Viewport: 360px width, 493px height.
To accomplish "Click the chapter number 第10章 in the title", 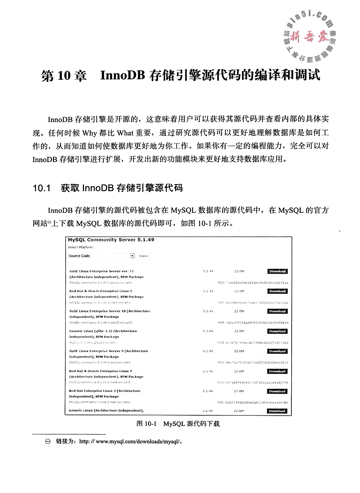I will click(64, 75).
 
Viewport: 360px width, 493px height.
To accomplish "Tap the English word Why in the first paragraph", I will click(89, 133).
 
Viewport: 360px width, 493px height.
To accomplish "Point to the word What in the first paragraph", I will click(125, 133).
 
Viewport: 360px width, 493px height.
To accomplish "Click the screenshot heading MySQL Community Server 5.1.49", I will click(111, 240).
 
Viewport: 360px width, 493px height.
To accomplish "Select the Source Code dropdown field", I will click(98, 256).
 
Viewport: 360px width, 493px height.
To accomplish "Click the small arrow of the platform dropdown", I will click(132, 256).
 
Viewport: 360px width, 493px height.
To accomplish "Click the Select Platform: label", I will click(81, 247).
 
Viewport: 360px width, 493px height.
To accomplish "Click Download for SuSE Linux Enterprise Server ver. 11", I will click(277, 272).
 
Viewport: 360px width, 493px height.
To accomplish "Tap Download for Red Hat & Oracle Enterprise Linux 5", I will click(277, 291).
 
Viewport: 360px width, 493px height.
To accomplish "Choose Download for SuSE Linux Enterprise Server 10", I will click(277, 311).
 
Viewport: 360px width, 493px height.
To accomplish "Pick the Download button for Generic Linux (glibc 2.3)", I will click(277, 331).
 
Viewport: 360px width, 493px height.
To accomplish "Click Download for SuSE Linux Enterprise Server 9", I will click(277, 351).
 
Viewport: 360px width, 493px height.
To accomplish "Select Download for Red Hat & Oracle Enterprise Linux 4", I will click(277, 371).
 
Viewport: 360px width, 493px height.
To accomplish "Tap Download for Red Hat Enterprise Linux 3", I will click(277, 391).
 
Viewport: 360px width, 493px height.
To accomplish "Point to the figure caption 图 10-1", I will click(146, 424).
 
